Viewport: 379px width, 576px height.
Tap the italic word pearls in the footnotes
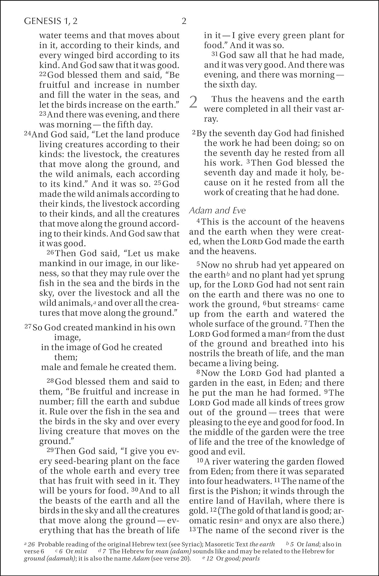pyautogui.click(x=250, y=558)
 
